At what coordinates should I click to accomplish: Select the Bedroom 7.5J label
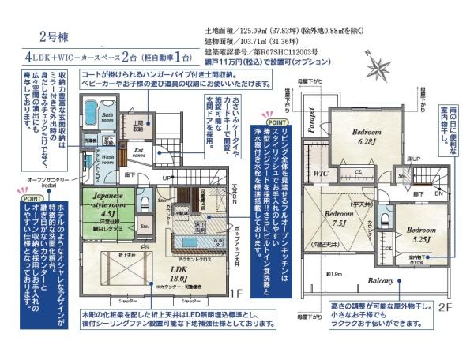(339, 218)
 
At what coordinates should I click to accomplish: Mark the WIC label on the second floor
(320, 172)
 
